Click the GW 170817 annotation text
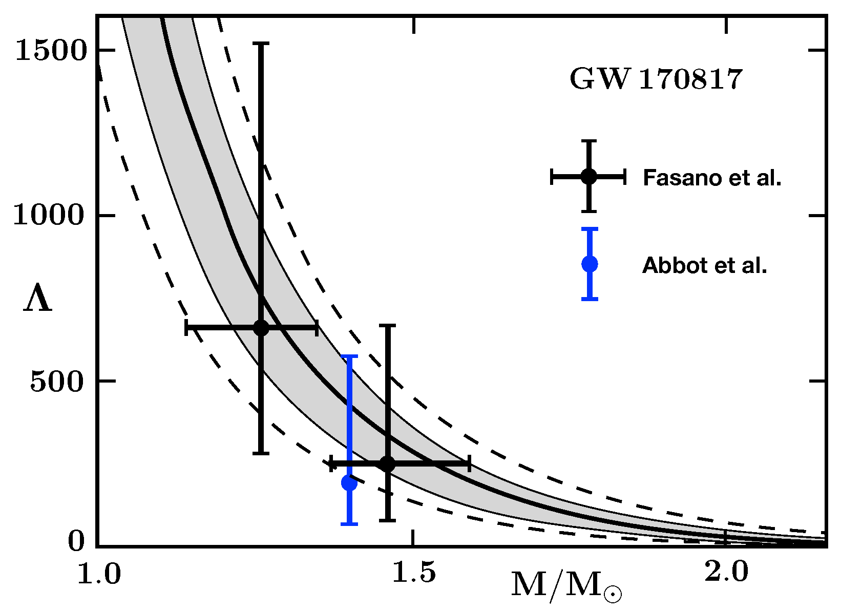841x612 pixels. click(x=656, y=79)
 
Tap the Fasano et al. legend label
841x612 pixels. click(x=712, y=178)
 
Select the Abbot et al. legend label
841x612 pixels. click(x=704, y=265)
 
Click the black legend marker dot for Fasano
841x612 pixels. click(x=589, y=177)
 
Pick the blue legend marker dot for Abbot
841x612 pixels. click(x=590, y=264)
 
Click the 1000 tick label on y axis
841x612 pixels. click(x=48, y=215)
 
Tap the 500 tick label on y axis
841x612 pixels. click(x=56, y=382)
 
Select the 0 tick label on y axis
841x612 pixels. click(x=76, y=541)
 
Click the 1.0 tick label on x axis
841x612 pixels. click(x=99, y=575)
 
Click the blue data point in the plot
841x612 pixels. click(x=349, y=482)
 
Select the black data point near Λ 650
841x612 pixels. click(x=261, y=328)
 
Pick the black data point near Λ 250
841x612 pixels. click(x=388, y=464)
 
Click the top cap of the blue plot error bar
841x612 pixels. click(x=349, y=355)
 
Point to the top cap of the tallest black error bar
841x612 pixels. click(x=261, y=44)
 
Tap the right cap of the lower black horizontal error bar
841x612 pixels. click(x=469, y=464)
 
